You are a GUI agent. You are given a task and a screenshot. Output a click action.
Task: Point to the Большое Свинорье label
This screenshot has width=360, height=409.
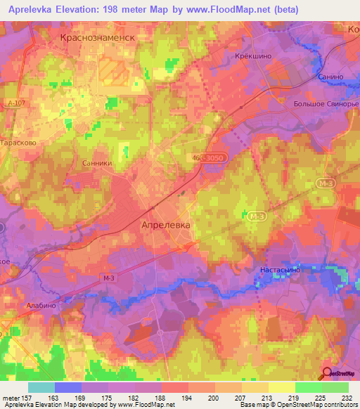[325, 105]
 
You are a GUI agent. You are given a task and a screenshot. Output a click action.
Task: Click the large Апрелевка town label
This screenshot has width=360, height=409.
[165, 226]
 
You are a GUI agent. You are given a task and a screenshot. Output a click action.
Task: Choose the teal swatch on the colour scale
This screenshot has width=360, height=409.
[41, 387]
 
